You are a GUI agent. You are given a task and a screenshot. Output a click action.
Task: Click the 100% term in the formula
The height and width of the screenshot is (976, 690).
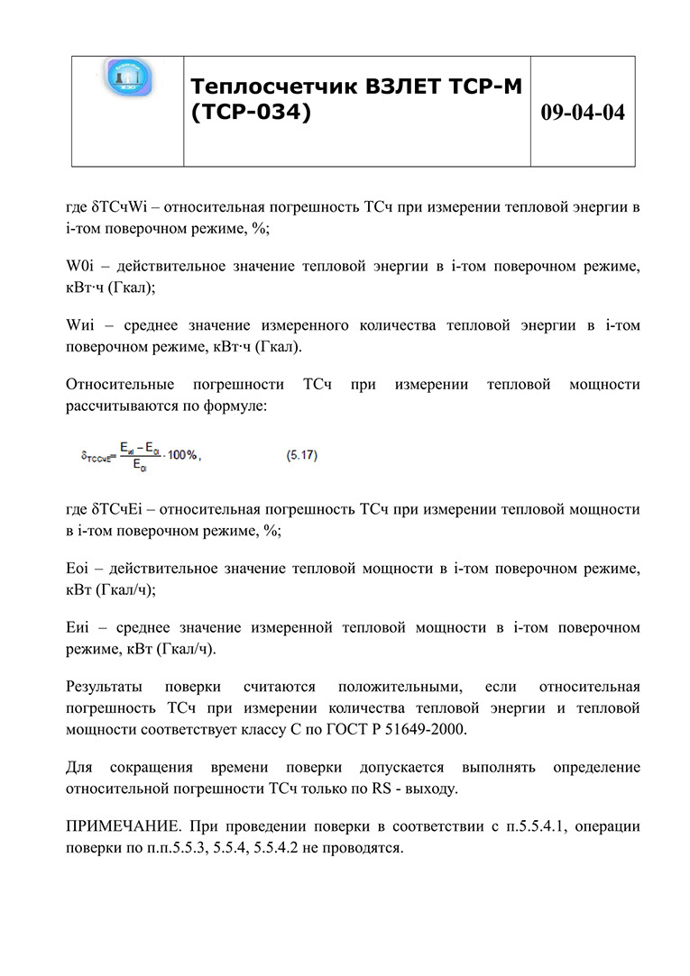182,456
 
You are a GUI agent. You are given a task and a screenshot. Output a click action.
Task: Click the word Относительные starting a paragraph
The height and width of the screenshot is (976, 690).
119,385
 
